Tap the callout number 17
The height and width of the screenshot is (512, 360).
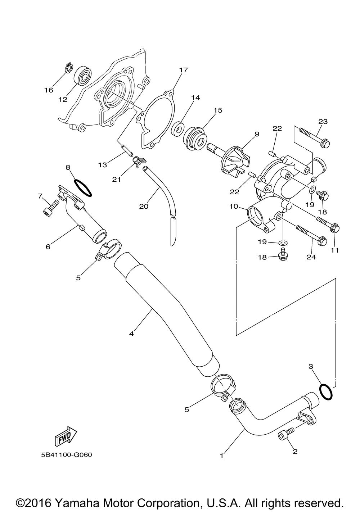pos(183,70)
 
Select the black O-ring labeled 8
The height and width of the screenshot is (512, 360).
pos(83,189)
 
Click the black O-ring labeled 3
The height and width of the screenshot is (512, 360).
pos(325,392)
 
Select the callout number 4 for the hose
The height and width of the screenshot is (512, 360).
pos(131,334)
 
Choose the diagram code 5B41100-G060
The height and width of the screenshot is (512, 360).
pos(67,455)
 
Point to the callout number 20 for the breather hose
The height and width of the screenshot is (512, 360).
pos(144,206)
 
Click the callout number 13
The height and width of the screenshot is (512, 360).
pos(103,165)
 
